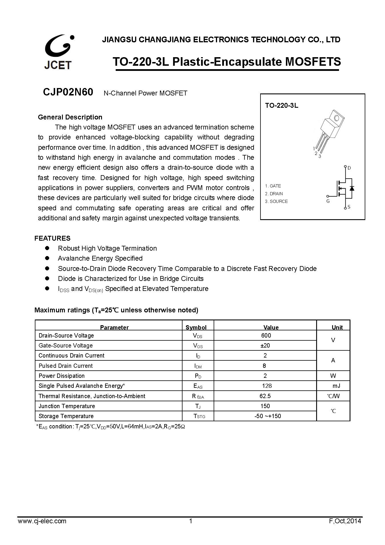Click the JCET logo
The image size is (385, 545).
coord(59,52)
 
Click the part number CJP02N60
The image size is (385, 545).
coord(68,92)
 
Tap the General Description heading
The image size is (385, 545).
coord(70,117)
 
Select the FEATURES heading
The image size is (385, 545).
coord(52,238)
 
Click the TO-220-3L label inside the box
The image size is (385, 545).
coord(282,105)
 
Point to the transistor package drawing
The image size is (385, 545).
coord(329,131)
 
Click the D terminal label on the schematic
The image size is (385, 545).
coord(349,168)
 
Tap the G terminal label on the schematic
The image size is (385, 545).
coord(328,201)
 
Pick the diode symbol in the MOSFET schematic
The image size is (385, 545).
coord(352,188)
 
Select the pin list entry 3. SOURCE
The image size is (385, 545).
coord(276,201)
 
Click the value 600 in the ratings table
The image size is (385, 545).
coord(266,336)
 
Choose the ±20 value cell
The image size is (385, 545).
coord(265,346)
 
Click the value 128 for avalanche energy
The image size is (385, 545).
coord(267,386)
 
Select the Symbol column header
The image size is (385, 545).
coord(196,328)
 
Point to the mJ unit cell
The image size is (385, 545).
coord(336,386)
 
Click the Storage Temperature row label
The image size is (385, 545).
coord(66,416)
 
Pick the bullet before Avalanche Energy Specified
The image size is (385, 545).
coord(47,258)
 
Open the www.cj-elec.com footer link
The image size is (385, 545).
coord(42,521)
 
